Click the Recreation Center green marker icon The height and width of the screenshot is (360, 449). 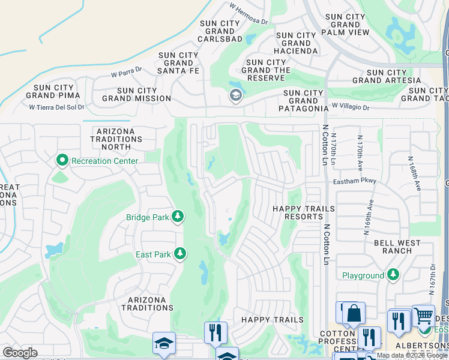tap(62, 161)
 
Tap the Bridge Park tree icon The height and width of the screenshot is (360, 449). tap(178, 217)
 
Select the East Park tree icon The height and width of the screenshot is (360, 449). tap(179, 254)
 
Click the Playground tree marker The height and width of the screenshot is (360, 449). tap(393, 275)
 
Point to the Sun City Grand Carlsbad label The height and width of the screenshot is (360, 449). tap(220, 31)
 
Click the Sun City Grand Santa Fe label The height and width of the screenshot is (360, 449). tap(178, 63)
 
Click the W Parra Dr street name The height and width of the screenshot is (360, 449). tap(126, 73)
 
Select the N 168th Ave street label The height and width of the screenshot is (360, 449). tap(415, 174)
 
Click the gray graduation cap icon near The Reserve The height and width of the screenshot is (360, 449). tap(235, 95)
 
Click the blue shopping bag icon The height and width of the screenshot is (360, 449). tap(354, 313)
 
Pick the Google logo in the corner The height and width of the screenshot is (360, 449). tap(20, 353)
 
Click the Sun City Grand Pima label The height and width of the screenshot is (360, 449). tap(55, 92)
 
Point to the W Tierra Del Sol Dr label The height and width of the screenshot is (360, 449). tap(57, 107)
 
